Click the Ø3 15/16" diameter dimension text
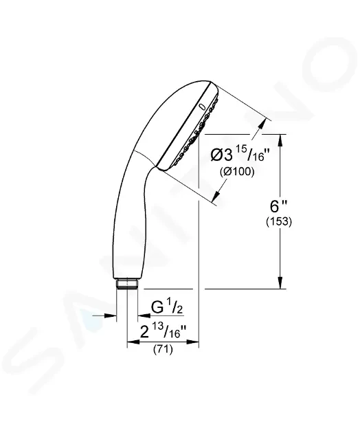pyautogui.click(x=240, y=155)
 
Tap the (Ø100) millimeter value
pyautogui.click(x=237, y=172)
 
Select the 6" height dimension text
pyautogui.click(x=278, y=206)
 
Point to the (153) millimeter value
pyautogui.click(x=279, y=221)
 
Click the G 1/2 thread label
pyautogui.click(x=167, y=307)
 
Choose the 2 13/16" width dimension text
pyautogui.click(x=164, y=331)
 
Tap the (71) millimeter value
pyautogui.click(x=163, y=349)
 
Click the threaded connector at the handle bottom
pyautogui.click(x=126, y=284)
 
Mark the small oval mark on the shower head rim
pyautogui.click(x=203, y=107)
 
